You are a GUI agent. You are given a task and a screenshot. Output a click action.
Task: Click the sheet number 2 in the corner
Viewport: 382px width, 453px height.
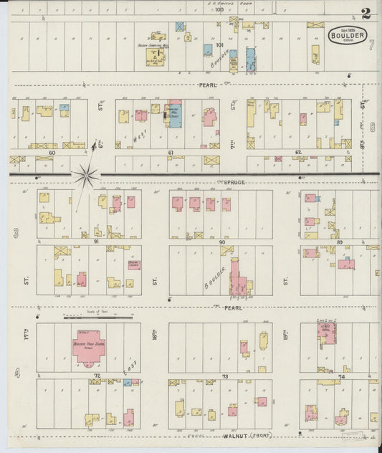[366, 13]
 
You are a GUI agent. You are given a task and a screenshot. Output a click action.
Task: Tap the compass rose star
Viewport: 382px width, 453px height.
[87, 173]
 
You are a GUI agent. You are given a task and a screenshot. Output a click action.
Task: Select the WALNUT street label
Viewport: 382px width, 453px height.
[235, 435]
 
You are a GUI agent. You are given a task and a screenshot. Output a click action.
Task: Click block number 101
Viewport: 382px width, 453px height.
[219, 44]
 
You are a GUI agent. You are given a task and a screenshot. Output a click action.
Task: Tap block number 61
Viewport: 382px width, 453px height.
[171, 153]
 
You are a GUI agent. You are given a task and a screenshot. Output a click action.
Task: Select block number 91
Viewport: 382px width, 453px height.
[95, 242]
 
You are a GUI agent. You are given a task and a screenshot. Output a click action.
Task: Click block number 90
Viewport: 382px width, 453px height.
[222, 242]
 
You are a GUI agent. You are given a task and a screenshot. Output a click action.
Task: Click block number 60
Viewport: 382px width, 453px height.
[52, 153]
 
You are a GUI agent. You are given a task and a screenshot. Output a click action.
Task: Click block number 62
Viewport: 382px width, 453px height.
[298, 153]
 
